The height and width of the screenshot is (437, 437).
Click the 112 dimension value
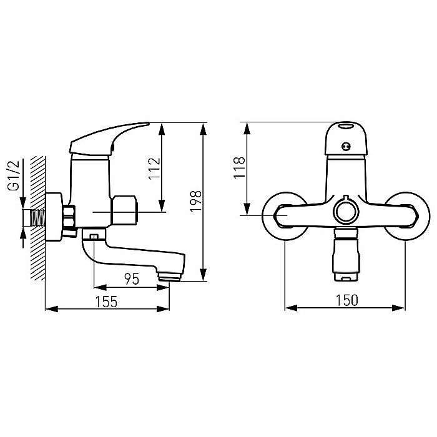[155, 169]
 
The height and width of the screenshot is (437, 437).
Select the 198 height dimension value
[195, 201]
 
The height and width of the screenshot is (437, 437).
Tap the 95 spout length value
[132, 279]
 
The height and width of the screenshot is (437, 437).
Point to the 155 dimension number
[107, 302]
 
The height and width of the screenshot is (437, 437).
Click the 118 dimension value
[239, 167]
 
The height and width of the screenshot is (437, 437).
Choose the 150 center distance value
[346, 300]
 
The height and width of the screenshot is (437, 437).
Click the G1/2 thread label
[14, 175]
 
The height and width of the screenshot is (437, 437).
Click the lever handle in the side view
[109, 139]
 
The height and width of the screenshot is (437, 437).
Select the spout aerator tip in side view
[169, 277]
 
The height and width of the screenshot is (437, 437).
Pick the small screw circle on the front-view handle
[346, 146]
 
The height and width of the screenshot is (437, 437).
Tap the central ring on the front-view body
[346, 212]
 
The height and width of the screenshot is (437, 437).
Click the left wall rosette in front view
[285, 216]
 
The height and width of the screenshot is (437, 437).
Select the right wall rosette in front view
[406, 216]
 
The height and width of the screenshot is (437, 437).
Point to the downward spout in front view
[346, 254]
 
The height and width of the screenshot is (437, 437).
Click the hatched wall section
[38, 218]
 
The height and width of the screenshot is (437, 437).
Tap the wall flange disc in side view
[54, 217]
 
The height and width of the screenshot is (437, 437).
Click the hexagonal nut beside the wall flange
[69, 217]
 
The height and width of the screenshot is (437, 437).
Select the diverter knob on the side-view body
[124, 210]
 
